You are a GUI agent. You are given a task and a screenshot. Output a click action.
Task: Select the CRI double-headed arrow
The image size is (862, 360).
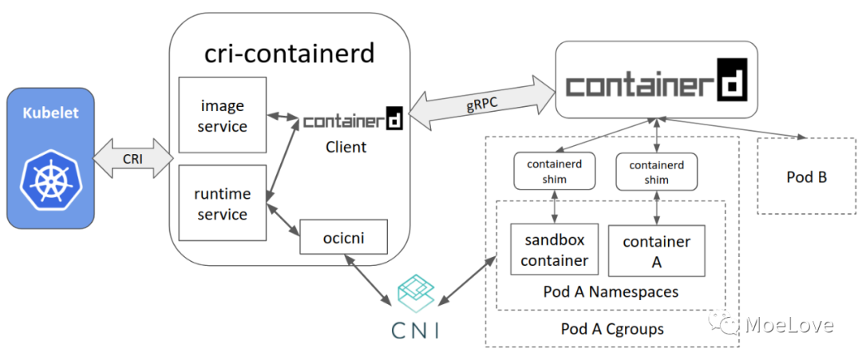point(132,158)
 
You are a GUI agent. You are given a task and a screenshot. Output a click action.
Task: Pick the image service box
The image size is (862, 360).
point(222,116)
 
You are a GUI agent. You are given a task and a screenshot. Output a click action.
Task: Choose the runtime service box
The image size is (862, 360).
point(222,204)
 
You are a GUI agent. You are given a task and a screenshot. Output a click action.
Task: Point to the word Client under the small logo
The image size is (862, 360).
point(346,147)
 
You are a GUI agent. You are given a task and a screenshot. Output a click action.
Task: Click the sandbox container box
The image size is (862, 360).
point(554,250)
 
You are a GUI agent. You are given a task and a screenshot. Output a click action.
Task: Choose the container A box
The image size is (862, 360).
point(656,251)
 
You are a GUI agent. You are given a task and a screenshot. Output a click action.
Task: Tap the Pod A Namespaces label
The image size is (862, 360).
point(611,291)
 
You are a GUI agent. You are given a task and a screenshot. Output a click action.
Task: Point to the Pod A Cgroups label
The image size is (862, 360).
point(612,328)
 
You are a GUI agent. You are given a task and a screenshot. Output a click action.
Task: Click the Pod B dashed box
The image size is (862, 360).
point(805,176)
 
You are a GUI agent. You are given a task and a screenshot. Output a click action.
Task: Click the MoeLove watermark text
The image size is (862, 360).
point(789,324)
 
